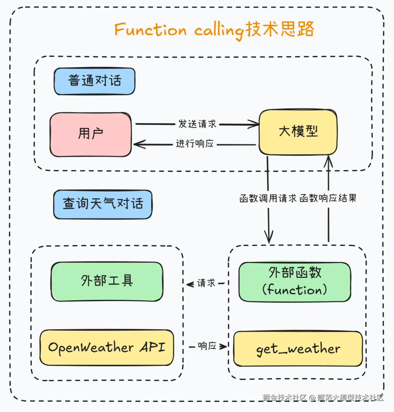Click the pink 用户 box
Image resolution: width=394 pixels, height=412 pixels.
[91, 135]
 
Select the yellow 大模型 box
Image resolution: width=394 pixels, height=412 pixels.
[298, 132]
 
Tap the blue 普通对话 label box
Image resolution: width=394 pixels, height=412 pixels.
[94, 81]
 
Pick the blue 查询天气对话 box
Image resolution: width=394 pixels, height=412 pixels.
[103, 204]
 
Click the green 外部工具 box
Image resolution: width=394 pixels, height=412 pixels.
[107, 281]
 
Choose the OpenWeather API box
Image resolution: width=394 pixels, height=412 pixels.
[107, 348]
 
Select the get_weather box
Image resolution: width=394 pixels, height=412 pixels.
[298, 349]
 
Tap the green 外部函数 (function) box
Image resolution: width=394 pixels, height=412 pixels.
[295, 282]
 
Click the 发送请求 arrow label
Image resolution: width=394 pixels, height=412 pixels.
[197, 124]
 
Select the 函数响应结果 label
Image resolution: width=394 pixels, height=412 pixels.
[328, 198]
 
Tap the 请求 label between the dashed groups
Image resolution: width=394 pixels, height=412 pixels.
[206, 283]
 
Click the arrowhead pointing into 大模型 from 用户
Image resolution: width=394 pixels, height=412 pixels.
[254, 124]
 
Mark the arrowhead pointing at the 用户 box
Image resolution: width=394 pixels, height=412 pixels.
[139, 144]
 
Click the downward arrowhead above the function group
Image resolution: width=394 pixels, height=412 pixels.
[269, 237]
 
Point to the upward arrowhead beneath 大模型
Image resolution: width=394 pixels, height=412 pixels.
[328, 162]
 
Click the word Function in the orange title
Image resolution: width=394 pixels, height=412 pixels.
[151, 30]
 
